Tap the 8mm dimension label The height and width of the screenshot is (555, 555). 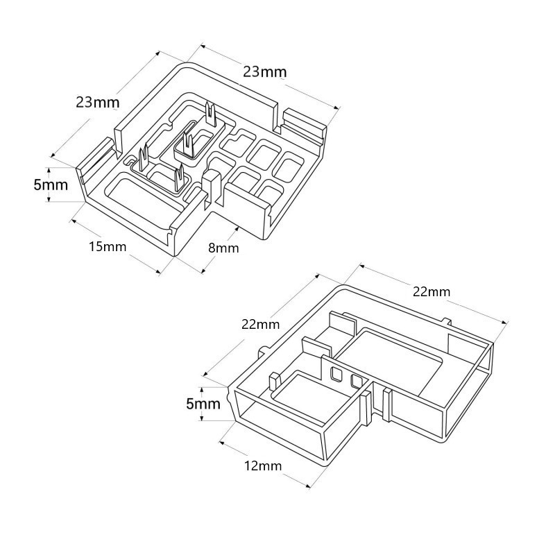pos(223,248)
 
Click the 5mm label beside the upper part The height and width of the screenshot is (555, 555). pos(51,185)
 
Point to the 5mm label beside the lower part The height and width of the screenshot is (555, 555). pos(203,404)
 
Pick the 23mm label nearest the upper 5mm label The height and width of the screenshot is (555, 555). pos(98,103)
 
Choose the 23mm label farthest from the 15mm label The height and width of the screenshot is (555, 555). pos(264,71)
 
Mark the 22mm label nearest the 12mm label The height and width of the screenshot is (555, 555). pos(260,324)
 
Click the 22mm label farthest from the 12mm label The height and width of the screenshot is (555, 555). pos(431,291)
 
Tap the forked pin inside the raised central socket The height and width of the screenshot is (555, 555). pos(188,143)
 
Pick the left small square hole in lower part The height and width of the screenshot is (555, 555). pos(338,375)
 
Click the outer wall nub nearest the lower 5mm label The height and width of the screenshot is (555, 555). pos(264,350)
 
